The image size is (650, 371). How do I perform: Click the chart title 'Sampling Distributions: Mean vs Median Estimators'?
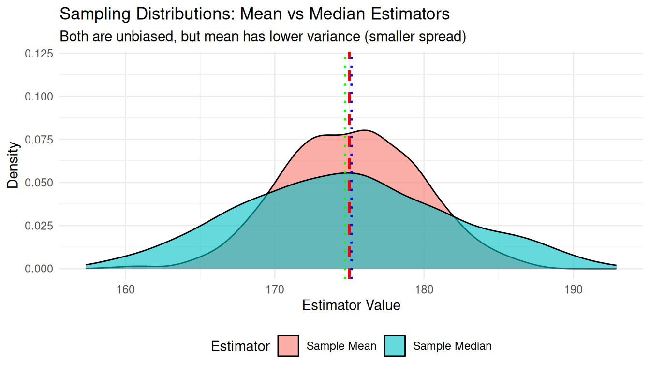254,14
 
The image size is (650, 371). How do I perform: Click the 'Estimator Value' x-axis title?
351,305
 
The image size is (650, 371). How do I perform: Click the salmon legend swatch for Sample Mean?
288,346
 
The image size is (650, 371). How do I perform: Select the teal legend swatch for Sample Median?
395,346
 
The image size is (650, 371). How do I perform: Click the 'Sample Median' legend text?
452,346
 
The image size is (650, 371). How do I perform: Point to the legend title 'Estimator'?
240,346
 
